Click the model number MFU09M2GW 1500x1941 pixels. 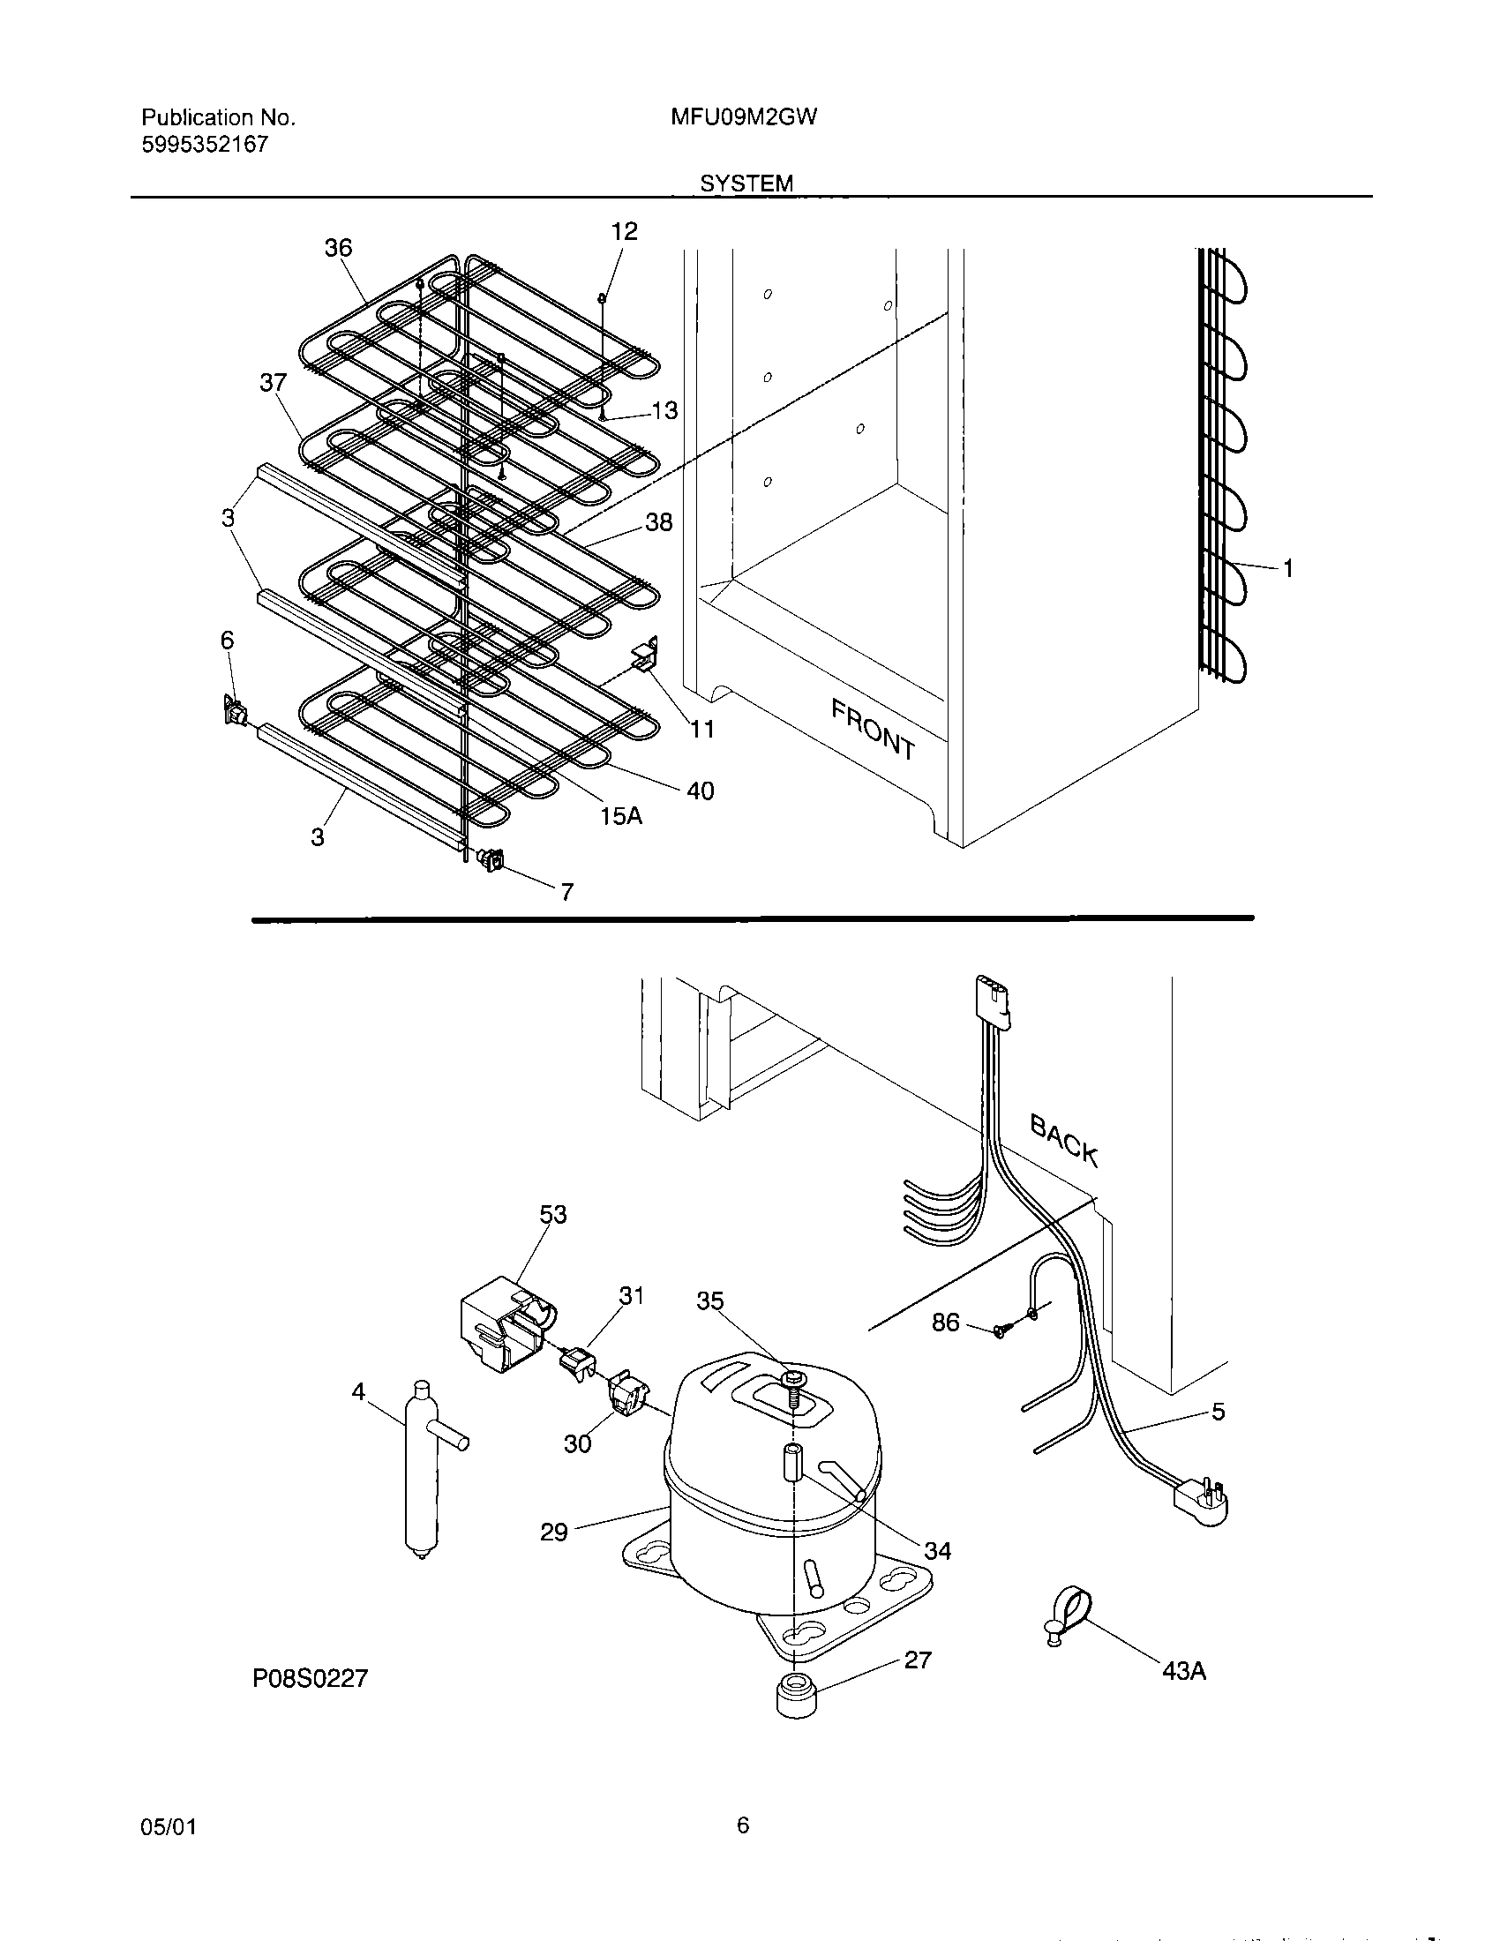(744, 117)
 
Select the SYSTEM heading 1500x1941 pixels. (746, 184)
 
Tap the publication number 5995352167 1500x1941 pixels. (205, 145)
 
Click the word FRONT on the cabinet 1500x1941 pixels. (873, 729)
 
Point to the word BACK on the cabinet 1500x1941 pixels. (1065, 1140)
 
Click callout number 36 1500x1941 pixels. (338, 248)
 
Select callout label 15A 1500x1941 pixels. (620, 815)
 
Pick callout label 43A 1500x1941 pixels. (1183, 1671)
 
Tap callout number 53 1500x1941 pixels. (552, 1214)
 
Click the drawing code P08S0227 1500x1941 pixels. (310, 1678)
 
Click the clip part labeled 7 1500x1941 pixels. (491, 858)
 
